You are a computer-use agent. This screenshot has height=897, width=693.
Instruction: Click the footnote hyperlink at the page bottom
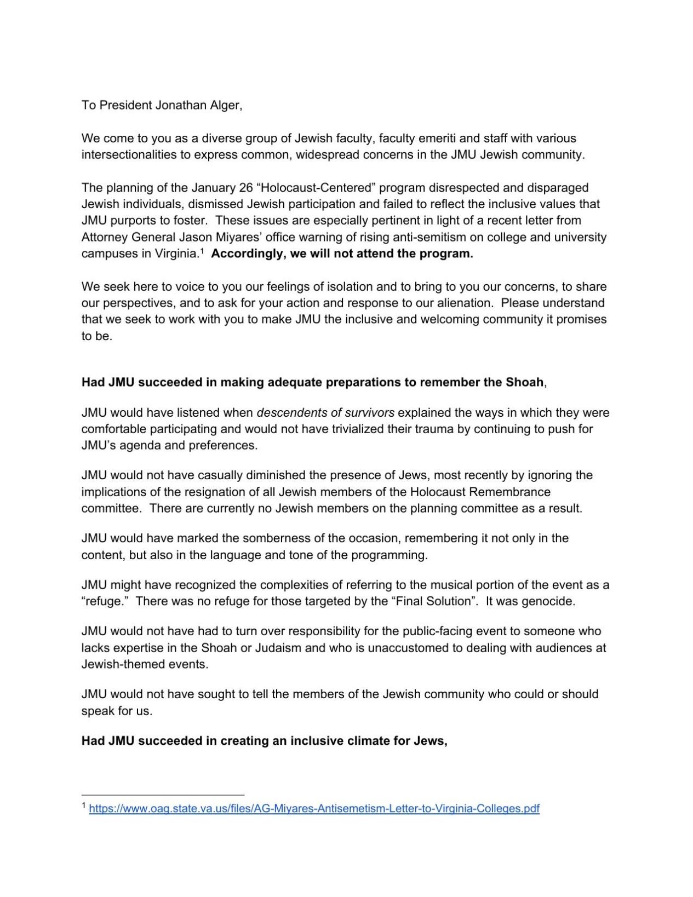[x=314, y=808]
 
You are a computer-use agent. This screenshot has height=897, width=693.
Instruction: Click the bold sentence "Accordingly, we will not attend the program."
[x=342, y=254]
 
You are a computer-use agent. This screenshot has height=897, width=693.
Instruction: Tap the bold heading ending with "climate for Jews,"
[x=265, y=741]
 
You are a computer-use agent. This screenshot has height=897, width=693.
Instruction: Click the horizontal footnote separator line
[x=163, y=795]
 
